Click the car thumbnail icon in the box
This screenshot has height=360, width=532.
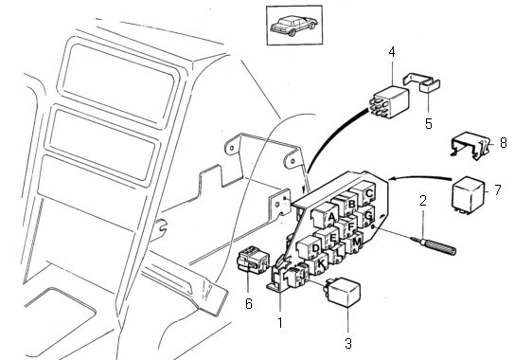[x=293, y=26]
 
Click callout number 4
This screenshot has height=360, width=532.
[x=392, y=53]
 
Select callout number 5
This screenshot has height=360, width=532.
[x=429, y=123]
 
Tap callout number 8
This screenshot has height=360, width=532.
[x=504, y=143]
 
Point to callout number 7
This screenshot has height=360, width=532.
[x=497, y=189]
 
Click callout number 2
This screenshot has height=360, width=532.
[x=423, y=201]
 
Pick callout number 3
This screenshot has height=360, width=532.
[x=348, y=343]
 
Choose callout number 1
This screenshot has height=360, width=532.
[x=280, y=323]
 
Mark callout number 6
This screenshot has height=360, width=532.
[x=249, y=303]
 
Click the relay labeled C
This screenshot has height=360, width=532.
[x=364, y=192]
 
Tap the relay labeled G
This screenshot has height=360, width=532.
[x=365, y=215]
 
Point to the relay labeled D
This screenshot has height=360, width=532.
[x=310, y=248]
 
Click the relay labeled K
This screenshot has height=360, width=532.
[x=319, y=262]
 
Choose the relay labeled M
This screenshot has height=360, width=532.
[x=353, y=243]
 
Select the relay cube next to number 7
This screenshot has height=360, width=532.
[x=469, y=195]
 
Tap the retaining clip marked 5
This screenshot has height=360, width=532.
[x=421, y=82]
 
